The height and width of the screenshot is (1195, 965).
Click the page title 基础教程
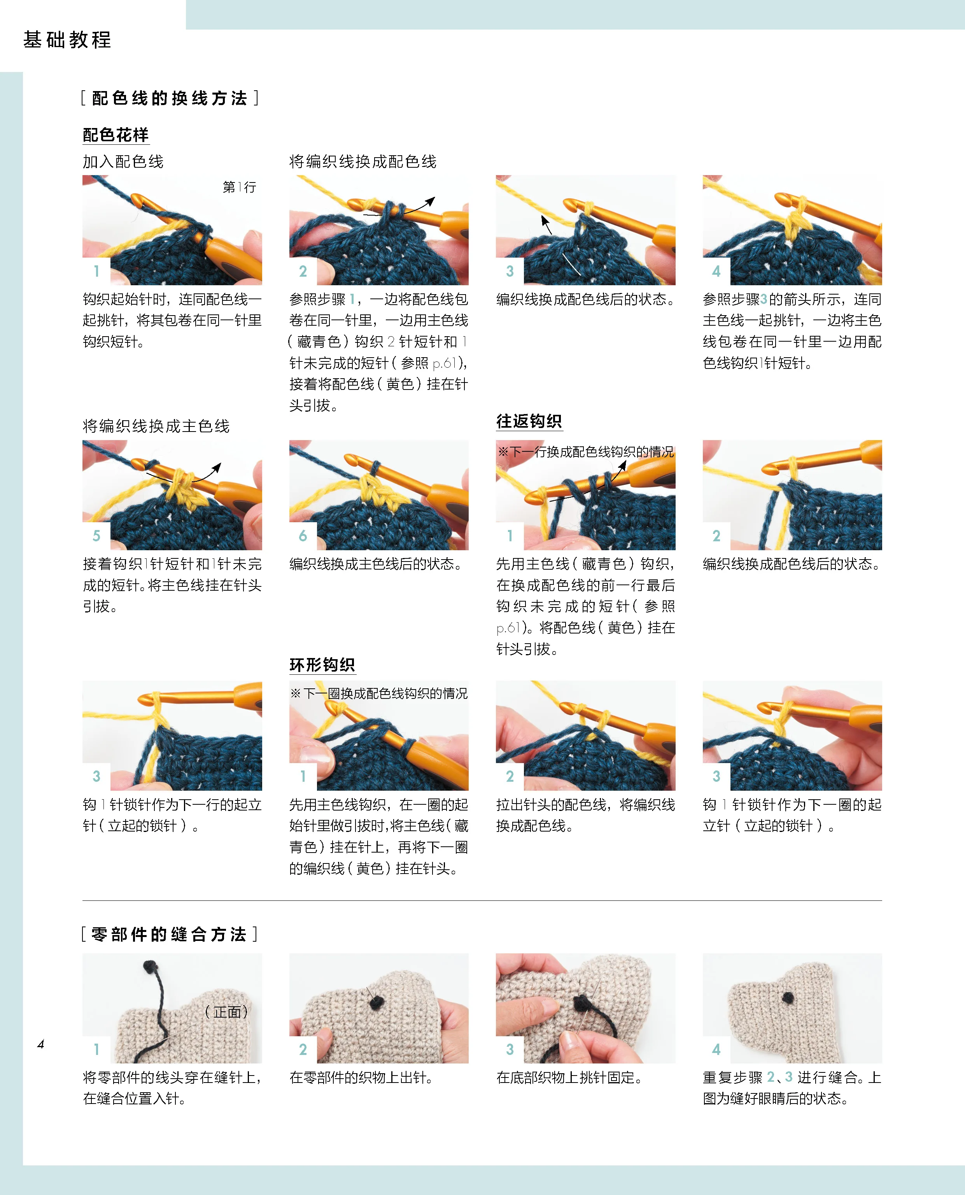(x=67, y=40)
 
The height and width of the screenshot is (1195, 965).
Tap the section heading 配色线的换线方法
(x=170, y=98)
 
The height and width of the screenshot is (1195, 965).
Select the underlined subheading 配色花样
(x=116, y=135)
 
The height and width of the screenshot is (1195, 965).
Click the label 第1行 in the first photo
(x=239, y=188)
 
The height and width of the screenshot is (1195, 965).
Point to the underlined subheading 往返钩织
(x=529, y=421)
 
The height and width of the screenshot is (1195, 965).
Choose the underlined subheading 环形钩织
(x=322, y=665)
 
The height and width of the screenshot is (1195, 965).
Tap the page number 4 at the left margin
(x=40, y=1044)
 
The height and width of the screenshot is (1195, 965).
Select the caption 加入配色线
(x=123, y=162)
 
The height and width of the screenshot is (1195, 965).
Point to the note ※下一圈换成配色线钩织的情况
(x=378, y=693)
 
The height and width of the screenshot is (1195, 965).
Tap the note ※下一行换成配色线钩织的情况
(x=585, y=451)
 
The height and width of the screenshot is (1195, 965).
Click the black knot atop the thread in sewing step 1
(x=149, y=967)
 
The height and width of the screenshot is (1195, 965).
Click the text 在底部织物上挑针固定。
(x=569, y=1077)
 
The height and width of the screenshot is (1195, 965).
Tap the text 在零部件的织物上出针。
(x=361, y=1077)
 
